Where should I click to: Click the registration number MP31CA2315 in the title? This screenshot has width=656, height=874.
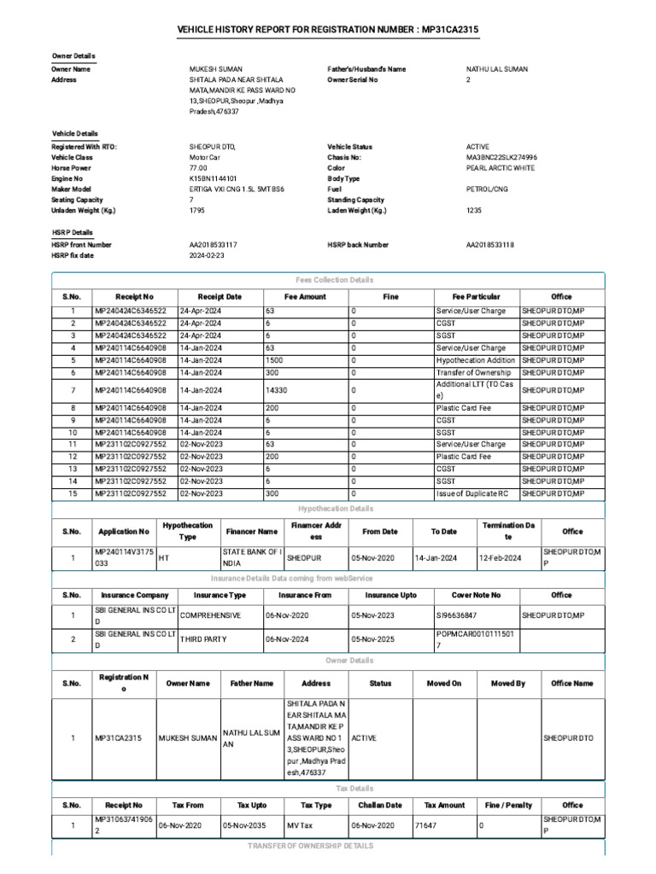click(x=450, y=30)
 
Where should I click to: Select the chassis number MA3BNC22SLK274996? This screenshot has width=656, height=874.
click(x=501, y=158)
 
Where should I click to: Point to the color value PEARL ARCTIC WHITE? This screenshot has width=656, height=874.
click(x=500, y=168)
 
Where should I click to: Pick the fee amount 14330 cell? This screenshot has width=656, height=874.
click(x=278, y=390)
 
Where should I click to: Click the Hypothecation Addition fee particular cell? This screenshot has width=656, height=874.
click(x=476, y=360)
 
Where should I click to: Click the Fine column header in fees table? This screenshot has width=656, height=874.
click(x=390, y=297)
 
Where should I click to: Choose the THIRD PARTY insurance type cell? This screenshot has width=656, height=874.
click(x=204, y=638)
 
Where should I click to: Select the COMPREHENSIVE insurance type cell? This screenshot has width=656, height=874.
click(x=211, y=615)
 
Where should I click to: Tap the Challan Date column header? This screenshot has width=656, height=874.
click(x=380, y=805)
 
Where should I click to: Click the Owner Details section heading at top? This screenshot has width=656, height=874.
click(x=73, y=55)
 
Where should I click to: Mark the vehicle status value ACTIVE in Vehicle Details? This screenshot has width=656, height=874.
click(x=477, y=147)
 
